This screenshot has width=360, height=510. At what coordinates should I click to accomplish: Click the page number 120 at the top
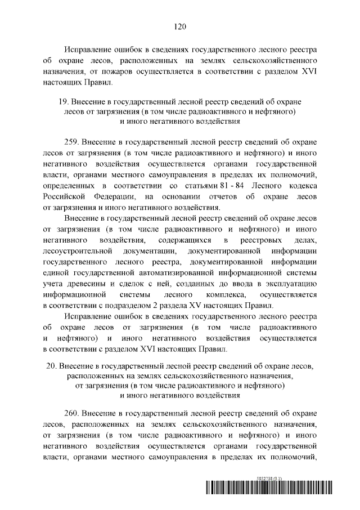pos(180,26)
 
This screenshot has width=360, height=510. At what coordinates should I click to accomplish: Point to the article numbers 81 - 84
pos(220,185)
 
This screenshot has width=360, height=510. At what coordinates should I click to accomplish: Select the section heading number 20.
pos(51,365)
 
